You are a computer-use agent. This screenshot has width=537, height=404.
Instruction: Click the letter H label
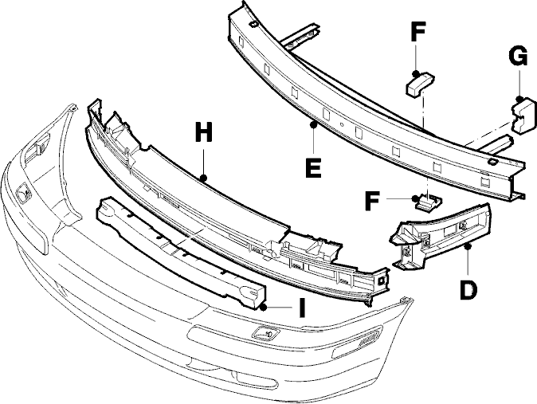pyautogui.click(x=204, y=132)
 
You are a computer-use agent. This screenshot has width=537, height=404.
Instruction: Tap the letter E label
pyautogui.click(x=313, y=167)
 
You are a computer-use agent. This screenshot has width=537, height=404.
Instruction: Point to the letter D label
pyautogui.click(x=468, y=290)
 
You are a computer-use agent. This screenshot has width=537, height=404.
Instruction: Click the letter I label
pyautogui.click(x=302, y=308)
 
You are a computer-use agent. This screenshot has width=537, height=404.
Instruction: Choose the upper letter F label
pyautogui.click(x=417, y=32)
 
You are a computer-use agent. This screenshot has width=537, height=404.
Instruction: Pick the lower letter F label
pyautogui.click(x=372, y=201)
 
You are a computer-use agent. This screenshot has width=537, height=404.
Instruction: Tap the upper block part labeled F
pyautogui.click(x=420, y=84)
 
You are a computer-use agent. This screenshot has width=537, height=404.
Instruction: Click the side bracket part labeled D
pyautogui.click(x=442, y=237)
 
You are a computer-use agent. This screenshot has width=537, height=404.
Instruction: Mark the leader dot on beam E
pyautogui.click(x=313, y=125)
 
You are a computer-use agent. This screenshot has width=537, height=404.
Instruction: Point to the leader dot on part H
pyautogui.click(x=203, y=178)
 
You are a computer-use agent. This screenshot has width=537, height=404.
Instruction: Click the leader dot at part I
pyautogui.click(x=263, y=308)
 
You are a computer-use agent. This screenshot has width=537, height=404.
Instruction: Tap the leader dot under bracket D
pyautogui.click(x=468, y=245)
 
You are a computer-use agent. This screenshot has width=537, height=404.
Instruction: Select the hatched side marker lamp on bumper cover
pyautogui.click(x=369, y=338)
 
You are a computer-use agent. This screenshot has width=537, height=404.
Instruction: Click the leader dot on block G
pyautogui.click(x=519, y=99)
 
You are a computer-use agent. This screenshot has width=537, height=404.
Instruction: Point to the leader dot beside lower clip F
pyautogui.click(x=416, y=198)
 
